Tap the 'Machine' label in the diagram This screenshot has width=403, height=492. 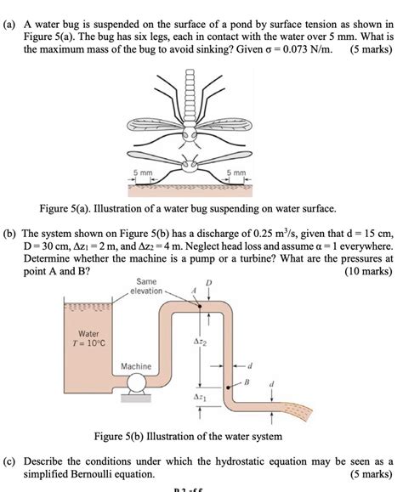136,366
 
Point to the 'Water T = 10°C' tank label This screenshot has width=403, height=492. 88,339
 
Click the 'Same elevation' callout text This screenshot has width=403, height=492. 146,286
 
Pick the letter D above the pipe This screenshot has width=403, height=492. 207,283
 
